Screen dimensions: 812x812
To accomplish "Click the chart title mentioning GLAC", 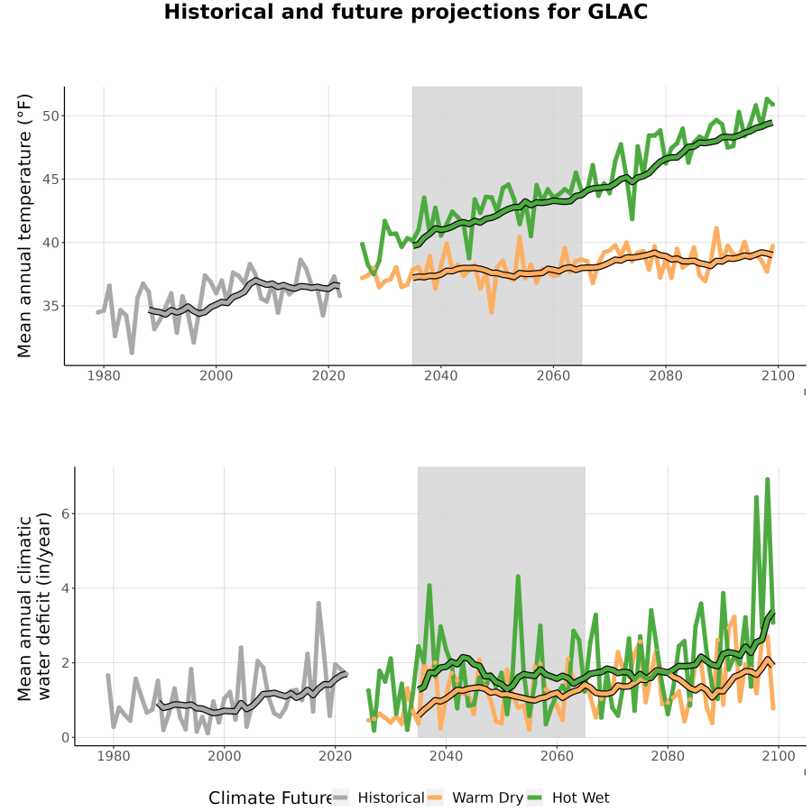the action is pyautogui.click(x=405, y=12).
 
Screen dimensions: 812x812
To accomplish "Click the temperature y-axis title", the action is pyautogui.click(x=24, y=226).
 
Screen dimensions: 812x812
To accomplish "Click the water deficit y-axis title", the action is pyautogui.click(x=34, y=606).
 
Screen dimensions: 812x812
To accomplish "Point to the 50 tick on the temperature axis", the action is pyautogui.click(x=51, y=116).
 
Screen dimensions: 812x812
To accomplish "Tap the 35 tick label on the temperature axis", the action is pyautogui.click(x=51, y=306).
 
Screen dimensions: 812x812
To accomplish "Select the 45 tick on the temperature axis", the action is pyautogui.click(x=51, y=180).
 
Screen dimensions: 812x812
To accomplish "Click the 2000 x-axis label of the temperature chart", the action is pyautogui.click(x=216, y=375).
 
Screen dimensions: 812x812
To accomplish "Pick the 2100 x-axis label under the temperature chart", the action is pyautogui.click(x=778, y=375).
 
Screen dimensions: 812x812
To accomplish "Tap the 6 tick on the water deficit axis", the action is pyautogui.click(x=65, y=513).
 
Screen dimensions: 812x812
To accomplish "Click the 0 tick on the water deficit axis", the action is pyautogui.click(x=65, y=737).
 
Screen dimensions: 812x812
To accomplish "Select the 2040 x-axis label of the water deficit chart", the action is pyautogui.click(x=446, y=756).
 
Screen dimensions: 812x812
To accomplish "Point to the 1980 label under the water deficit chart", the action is pyautogui.click(x=114, y=756).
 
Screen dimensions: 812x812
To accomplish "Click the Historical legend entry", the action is pyautogui.click(x=378, y=798).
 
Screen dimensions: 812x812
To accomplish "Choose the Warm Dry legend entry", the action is pyautogui.click(x=475, y=798).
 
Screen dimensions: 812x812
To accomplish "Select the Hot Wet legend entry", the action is pyautogui.click(x=567, y=798).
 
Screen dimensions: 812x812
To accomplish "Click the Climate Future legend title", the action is pyautogui.click(x=270, y=798).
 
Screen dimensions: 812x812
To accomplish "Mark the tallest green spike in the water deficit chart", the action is pyautogui.click(x=768, y=480).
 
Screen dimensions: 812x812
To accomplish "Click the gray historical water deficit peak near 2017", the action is pyautogui.click(x=318, y=604).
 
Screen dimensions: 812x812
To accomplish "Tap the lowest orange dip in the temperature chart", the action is pyautogui.click(x=492, y=312).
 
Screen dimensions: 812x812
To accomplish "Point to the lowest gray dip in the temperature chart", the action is pyautogui.click(x=132, y=352).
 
